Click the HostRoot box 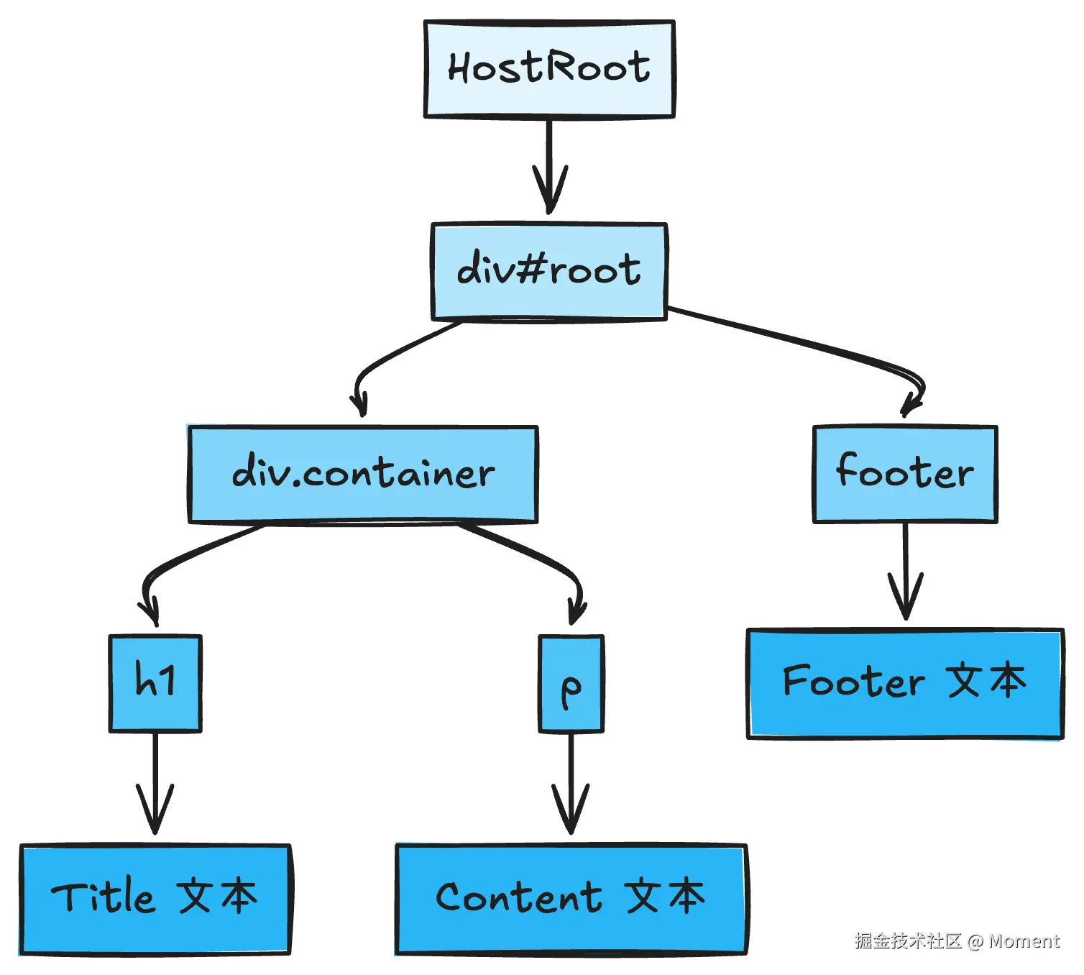tap(550, 69)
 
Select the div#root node tap(549, 272)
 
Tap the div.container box tap(362, 475)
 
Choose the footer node tap(905, 475)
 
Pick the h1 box tap(156, 684)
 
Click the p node tap(571, 684)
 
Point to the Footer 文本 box tap(905, 684)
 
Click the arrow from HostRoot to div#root tap(550, 165)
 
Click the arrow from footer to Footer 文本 tap(906, 571)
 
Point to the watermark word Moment tap(1024, 941)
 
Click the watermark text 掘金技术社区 tap(908, 941)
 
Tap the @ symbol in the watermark tap(975, 942)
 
